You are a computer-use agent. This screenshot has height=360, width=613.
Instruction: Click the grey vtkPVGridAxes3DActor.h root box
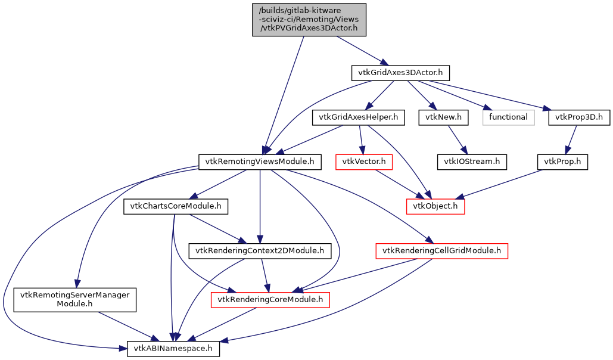[x=309, y=20]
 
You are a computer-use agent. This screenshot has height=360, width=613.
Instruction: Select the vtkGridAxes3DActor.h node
[x=400, y=73]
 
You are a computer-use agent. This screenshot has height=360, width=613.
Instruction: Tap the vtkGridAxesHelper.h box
[x=358, y=117]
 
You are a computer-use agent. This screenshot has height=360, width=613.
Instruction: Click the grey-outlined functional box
[x=508, y=117]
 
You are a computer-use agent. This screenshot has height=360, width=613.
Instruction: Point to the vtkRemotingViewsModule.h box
[x=260, y=162]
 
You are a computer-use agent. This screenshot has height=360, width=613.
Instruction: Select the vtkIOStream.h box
[x=472, y=162]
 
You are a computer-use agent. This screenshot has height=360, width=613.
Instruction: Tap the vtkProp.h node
[x=562, y=162]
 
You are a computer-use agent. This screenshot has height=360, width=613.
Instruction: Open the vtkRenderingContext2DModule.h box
[x=260, y=251]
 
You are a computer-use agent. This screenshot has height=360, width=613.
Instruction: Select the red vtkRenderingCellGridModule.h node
[x=441, y=251]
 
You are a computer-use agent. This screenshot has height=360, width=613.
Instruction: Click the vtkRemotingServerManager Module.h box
[x=75, y=300]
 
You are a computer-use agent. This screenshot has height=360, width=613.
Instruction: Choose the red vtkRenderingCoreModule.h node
[x=270, y=300]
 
